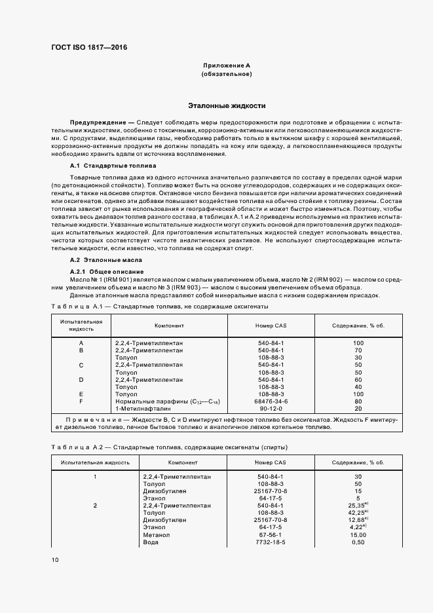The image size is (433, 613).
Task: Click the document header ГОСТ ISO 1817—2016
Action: click(88, 48)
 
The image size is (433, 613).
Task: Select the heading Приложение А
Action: click(227, 66)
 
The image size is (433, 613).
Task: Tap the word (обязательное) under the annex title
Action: click(227, 75)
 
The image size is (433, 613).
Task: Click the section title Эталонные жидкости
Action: click(227, 105)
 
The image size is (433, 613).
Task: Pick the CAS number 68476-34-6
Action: click(271, 401)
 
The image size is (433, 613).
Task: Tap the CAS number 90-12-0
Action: click(271, 408)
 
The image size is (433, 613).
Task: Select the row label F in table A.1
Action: click(81, 401)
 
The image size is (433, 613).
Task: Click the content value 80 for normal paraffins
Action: click(358, 401)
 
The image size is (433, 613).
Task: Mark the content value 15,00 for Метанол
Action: click(358, 535)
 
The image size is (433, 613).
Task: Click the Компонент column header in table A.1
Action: click(169, 325)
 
